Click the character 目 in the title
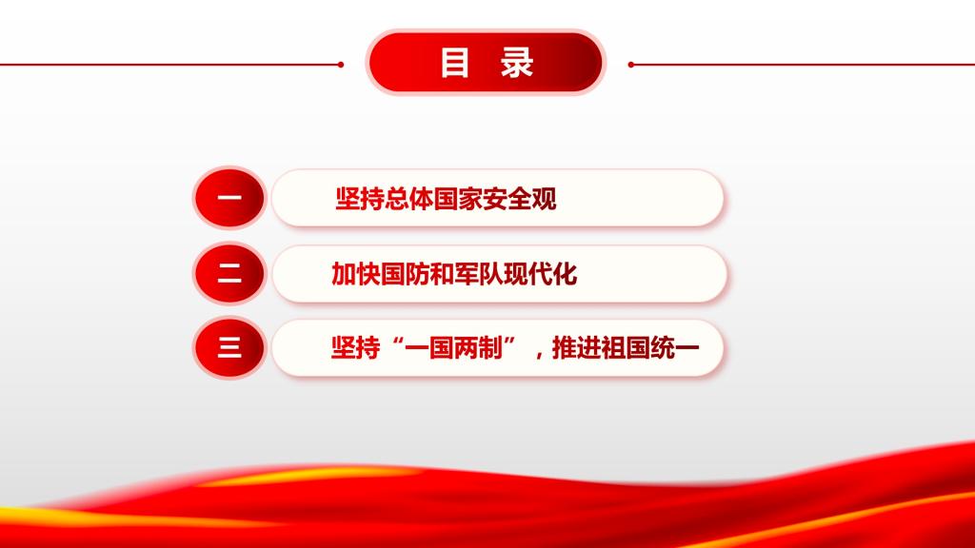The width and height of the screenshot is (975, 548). tap(454, 63)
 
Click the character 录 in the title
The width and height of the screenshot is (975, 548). tap(517, 63)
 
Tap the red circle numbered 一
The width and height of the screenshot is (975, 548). tap(229, 198)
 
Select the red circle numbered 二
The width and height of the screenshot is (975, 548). tap(229, 273)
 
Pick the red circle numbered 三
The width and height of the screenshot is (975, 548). tap(229, 347)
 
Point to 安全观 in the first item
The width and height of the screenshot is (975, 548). tap(520, 199)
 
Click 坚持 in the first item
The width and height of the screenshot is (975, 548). tap(360, 199)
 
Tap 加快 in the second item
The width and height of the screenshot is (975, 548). tap(356, 274)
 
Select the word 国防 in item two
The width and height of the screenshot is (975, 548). tap(405, 274)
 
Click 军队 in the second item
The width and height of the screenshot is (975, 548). tap(479, 274)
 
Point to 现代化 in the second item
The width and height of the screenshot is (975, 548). tap(541, 274)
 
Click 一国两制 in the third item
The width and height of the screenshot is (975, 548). tap(453, 348)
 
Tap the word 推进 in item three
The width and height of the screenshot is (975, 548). tap(576, 348)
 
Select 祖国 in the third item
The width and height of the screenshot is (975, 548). tap(626, 348)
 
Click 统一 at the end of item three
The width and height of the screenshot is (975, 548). tap(675, 348)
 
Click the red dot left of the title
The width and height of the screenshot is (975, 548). tap(341, 65)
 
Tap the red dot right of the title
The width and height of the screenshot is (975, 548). tap(631, 65)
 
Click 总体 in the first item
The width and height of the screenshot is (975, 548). tap(409, 199)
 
